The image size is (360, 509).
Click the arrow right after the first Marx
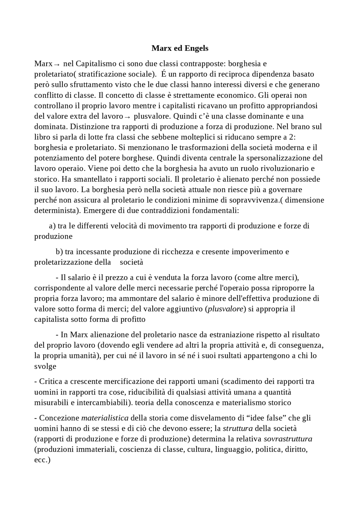coord(57,64)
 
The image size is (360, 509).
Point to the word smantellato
coord(91,179)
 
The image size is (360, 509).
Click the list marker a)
coord(52,226)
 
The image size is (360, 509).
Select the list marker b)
coord(59,252)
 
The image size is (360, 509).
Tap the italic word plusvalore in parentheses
coord(225,309)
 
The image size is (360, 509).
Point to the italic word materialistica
coord(105,418)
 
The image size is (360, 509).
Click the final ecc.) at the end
coord(42,460)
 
